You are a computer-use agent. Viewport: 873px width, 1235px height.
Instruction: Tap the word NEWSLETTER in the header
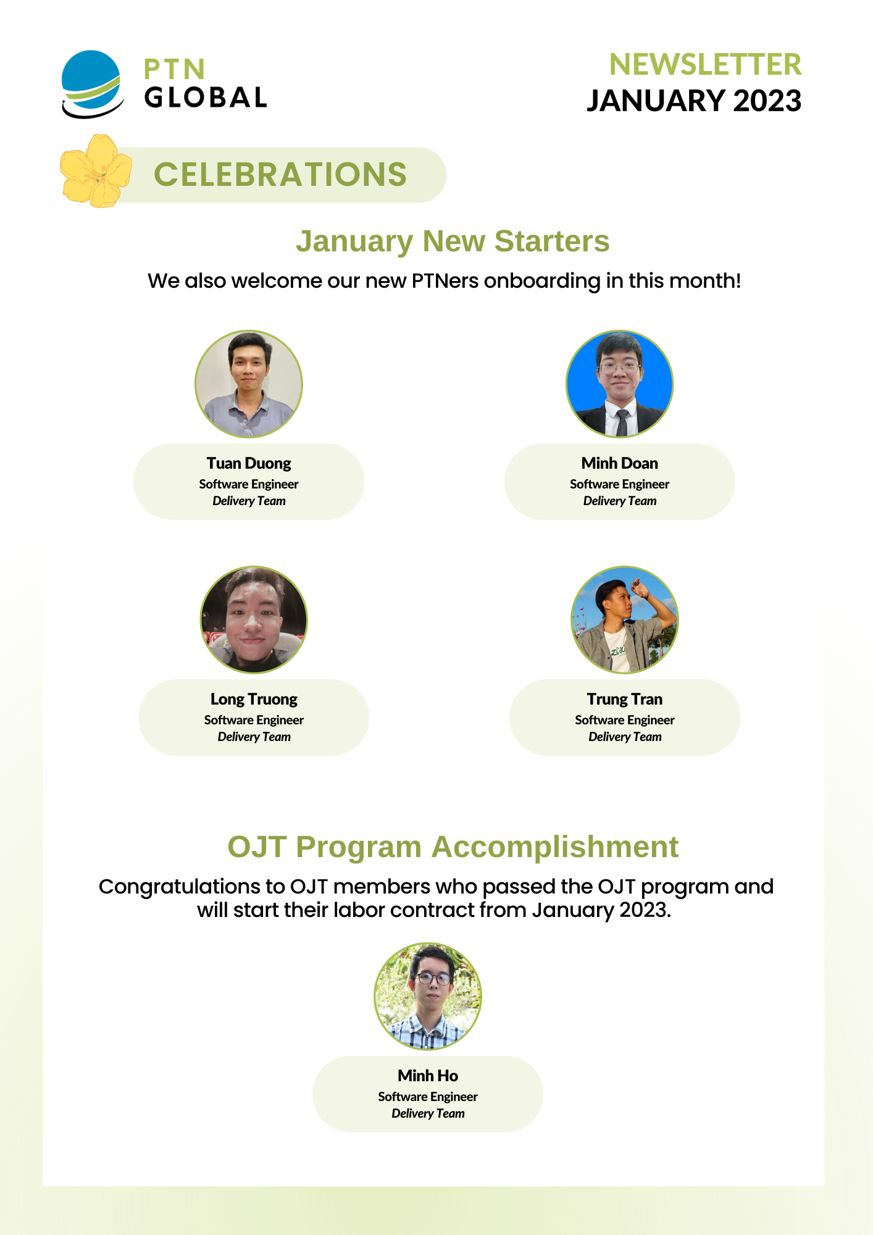(705, 65)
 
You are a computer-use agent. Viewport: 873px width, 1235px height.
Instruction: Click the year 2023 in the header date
(767, 101)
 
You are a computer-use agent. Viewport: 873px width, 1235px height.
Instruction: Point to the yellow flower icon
(96, 171)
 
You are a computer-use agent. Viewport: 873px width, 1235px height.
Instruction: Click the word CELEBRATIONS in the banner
(280, 174)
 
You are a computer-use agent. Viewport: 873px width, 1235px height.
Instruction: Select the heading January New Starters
(453, 241)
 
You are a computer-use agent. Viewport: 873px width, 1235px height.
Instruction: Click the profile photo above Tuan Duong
(249, 384)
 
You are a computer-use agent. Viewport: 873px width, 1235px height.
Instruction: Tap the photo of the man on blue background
(620, 384)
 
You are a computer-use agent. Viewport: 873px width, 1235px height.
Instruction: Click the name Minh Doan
(620, 463)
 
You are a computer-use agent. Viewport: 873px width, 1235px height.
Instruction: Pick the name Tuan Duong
(249, 463)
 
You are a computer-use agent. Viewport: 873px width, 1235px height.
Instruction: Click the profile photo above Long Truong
(254, 620)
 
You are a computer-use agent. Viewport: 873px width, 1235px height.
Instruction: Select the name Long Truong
(254, 699)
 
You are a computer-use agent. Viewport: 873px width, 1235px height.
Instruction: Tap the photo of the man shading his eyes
(625, 620)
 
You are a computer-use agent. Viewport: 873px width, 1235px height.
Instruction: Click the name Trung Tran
(625, 699)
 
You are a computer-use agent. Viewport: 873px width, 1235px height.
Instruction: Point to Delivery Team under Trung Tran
(625, 737)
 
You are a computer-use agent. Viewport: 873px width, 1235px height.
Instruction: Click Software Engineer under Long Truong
(254, 720)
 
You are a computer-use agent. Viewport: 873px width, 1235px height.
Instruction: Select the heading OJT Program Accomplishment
(453, 847)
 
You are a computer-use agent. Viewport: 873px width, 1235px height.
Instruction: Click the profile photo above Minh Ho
(428, 996)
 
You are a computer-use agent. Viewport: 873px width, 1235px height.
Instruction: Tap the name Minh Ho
(428, 1076)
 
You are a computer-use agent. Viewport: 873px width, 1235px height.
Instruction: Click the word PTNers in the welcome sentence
(445, 281)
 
